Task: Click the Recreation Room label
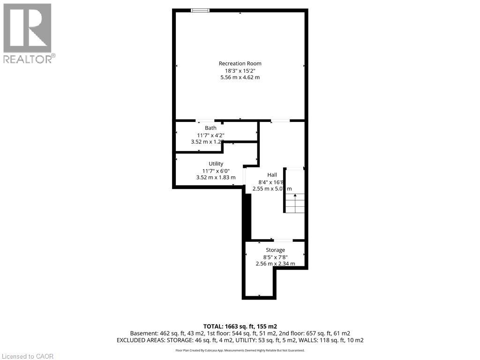[x=240, y=63]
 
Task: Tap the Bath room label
[x=210, y=128]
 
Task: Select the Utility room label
[x=216, y=164]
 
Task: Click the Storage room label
[x=275, y=250]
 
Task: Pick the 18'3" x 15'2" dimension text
[x=240, y=70]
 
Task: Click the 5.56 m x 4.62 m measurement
[x=240, y=77]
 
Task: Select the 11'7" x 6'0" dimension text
[x=216, y=171]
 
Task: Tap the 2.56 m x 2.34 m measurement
[x=275, y=263]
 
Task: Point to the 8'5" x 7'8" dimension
[x=275, y=257]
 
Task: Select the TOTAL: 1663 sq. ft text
[x=240, y=326]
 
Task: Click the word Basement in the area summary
[x=142, y=333]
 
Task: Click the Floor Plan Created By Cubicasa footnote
[x=240, y=350]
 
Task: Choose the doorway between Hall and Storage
[x=283, y=240]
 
